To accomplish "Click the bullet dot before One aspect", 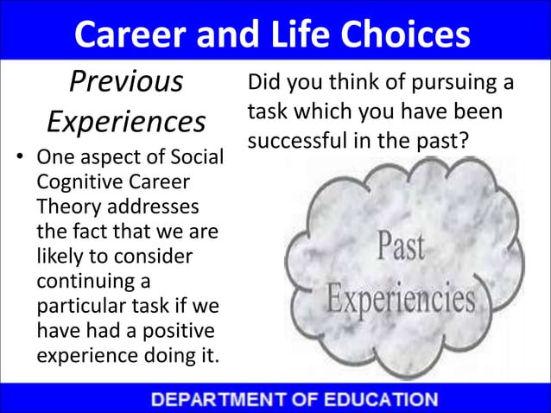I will [x=16, y=160].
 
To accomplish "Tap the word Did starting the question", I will [x=263, y=85].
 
